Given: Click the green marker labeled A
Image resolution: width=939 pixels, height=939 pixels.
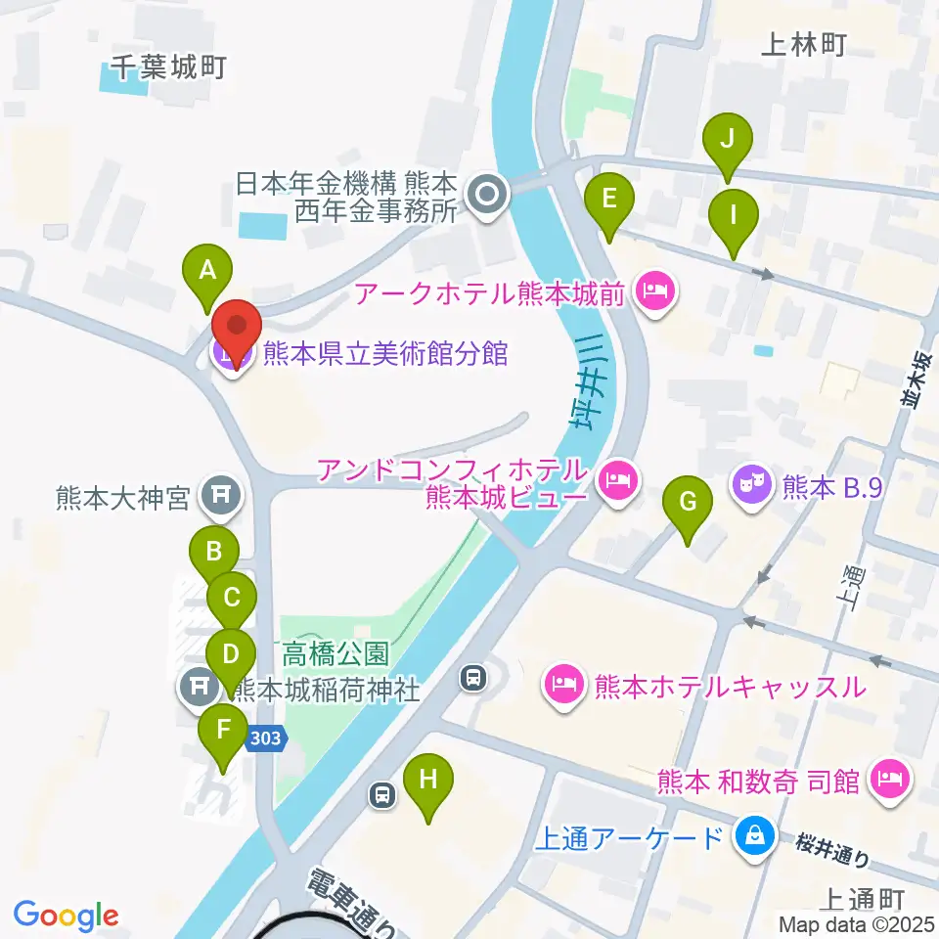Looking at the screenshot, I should pos(207,272).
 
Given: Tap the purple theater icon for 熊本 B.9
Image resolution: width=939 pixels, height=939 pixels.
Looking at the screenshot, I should pos(751,483).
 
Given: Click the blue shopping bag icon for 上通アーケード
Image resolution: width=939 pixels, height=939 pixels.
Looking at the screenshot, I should pos(754,836).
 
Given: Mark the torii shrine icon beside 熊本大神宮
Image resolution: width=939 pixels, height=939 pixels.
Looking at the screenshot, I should pos(217,498).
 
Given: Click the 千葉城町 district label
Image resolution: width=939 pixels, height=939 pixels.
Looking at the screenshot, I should pos(168,67).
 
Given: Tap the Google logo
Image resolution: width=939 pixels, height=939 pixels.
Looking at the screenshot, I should pos(66,916).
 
